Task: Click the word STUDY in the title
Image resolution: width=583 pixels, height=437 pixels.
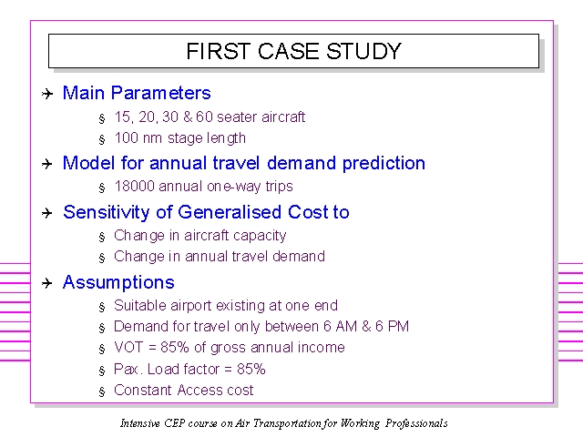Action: [x=363, y=51]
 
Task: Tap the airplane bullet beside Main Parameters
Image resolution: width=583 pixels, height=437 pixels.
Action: [x=47, y=93]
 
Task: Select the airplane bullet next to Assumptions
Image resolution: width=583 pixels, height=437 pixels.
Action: [x=47, y=283]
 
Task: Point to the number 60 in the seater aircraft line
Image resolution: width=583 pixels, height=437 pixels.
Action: [x=204, y=117]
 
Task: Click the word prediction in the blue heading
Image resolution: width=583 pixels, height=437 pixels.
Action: [x=384, y=164]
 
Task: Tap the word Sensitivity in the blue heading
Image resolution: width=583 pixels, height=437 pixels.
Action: [x=106, y=212]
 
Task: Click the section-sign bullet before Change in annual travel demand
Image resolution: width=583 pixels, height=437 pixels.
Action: [x=102, y=258]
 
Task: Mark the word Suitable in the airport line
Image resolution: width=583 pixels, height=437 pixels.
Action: [x=140, y=306]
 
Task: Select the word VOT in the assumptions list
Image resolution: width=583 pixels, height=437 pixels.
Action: [x=128, y=347]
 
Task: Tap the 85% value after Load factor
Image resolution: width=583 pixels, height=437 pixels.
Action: [x=251, y=369]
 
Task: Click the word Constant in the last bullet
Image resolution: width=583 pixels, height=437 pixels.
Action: [x=143, y=391]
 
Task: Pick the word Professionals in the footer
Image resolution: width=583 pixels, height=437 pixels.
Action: [x=416, y=423]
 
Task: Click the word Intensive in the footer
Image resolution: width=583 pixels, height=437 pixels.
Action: [x=139, y=423]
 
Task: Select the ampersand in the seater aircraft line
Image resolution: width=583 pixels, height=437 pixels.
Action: [x=188, y=117]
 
